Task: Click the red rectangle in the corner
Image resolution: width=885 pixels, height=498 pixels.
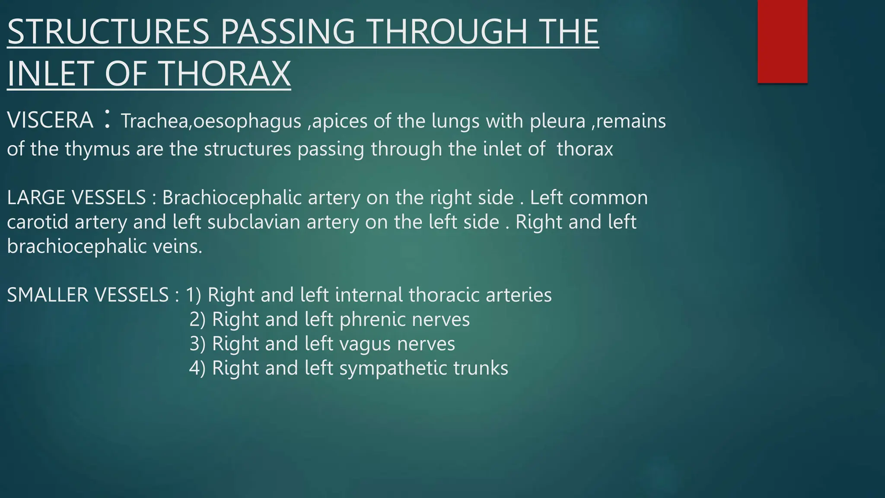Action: pos(782,41)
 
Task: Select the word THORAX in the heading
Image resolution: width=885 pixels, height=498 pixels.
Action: pos(226,73)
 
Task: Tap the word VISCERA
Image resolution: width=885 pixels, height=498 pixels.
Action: pos(50,120)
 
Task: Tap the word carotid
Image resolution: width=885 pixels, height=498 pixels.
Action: pos(38,222)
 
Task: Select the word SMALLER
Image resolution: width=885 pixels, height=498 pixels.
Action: pos(48,295)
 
